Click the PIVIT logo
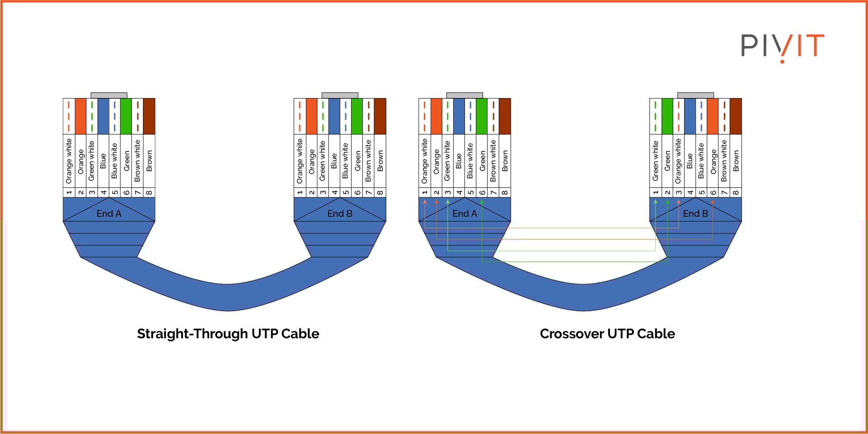point(782,47)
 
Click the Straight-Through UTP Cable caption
point(228,334)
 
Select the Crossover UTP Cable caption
point(607,334)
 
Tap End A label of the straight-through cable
point(109,214)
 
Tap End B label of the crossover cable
point(695,214)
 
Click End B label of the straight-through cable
point(340,214)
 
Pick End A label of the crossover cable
point(464,214)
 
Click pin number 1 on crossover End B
point(656,192)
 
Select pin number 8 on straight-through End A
point(149,192)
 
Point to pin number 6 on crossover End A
point(482,192)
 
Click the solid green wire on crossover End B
point(667,116)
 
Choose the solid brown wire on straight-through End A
point(149,116)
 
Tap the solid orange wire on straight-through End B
point(311,116)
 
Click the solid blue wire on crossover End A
point(459,116)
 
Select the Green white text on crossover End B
point(656,161)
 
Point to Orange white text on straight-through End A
point(69,161)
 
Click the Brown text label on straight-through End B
point(380,161)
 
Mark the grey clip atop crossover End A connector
point(464,95)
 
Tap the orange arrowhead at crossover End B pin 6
point(713,202)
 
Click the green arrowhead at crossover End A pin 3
point(448,202)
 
